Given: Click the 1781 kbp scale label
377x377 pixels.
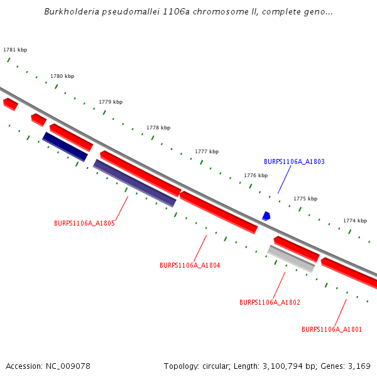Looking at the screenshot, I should [15, 50].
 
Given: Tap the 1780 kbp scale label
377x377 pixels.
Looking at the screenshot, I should [62, 76].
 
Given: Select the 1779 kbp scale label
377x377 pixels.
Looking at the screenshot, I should [111, 102].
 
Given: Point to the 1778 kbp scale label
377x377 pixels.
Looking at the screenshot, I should [158, 128].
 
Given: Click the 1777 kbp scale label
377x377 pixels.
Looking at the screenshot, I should [207, 151].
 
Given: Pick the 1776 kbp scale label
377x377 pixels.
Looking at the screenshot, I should [256, 175].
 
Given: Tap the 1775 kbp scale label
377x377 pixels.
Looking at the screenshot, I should [305, 199].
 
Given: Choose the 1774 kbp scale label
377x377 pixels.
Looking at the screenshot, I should [355, 221].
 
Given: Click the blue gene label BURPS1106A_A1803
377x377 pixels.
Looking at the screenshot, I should [294, 161].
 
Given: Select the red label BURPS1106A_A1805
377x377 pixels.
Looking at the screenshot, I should [84, 223].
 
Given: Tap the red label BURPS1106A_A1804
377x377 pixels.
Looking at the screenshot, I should [190, 265].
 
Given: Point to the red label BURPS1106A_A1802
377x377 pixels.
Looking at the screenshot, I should [270, 302].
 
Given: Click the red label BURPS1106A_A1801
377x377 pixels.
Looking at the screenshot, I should [332, 329].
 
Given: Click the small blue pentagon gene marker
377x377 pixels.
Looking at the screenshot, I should [266, 216].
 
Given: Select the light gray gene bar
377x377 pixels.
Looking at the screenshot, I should [291, 259].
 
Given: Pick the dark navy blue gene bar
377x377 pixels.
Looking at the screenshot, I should [65, 146].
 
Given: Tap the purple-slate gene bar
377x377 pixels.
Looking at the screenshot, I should [134, 183].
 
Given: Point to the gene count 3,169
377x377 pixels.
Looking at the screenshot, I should [359, 366].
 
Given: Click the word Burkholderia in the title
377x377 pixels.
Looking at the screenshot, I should [70, 12].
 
